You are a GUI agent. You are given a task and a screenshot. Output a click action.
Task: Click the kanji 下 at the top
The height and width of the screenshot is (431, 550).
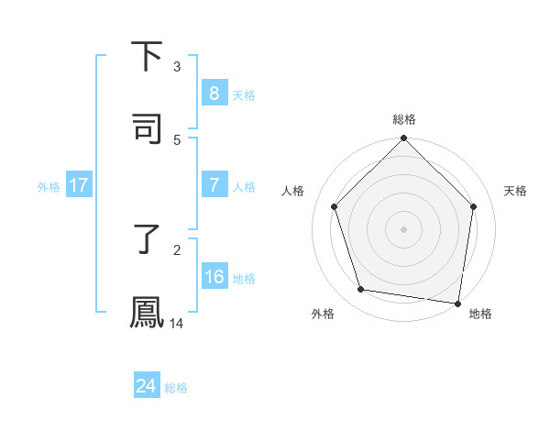(x=148, y=57)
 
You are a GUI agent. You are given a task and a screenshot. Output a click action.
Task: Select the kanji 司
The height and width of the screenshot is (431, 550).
(x=148, y=129)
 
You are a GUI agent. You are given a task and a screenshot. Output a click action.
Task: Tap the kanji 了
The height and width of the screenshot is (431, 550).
(x=148, y=239)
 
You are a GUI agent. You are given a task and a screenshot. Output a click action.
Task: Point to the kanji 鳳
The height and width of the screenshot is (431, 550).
(x=148, y=313)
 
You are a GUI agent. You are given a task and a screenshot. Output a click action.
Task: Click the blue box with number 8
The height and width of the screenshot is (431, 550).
(x=214, y=94)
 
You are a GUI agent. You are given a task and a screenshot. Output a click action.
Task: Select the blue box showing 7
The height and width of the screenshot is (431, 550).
(x=214, y=185)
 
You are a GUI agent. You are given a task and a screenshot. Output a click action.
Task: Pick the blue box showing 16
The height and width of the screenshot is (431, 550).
(x=214, y=277)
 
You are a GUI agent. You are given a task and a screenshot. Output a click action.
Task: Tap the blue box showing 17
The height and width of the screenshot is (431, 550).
(x=79, y=185)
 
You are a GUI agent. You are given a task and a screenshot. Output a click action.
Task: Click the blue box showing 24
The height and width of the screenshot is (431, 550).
(x=146, y=386)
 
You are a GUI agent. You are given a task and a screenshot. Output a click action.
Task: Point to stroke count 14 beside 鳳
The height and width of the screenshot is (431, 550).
(x=177, y=323)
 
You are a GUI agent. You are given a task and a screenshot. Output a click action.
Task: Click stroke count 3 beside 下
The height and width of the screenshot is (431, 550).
(x=177, y=66)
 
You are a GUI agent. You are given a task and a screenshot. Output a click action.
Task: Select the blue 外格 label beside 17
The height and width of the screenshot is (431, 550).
(x=49, y=186)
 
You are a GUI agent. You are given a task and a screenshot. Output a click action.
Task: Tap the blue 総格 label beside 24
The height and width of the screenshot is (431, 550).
(x=176, y=388)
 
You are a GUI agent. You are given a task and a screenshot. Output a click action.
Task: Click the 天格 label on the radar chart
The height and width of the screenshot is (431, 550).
(x=516, y=191)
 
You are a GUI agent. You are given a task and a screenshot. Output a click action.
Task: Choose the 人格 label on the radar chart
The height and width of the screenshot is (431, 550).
(x=293, y=191)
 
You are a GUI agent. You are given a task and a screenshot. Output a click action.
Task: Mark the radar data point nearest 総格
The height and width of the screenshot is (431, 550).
(x=403, y=139)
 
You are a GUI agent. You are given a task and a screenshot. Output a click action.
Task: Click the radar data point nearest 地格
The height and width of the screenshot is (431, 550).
(x=457, y=302)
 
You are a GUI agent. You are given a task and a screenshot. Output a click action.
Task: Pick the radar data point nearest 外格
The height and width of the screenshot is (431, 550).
(x=361, y=290)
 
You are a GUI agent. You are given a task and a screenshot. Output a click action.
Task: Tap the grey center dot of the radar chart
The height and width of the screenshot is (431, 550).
(x=403, y=228)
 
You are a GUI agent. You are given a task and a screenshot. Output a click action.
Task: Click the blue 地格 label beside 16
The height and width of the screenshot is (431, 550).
(x=244, y=279)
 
